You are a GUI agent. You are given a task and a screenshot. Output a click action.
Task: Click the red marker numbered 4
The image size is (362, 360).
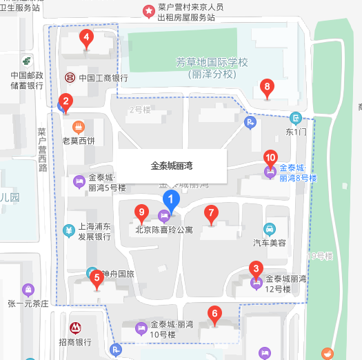(x=86, y=38)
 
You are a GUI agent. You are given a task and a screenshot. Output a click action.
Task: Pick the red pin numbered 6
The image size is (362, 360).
(x=214, y=315)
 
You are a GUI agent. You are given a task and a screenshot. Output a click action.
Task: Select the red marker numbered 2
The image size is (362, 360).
(x=66, y=102)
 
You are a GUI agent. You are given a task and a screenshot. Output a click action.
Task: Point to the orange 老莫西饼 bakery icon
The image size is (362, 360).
(x=78, y=127)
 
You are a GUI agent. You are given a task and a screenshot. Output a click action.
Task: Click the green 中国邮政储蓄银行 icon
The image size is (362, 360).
(x=26, y=61)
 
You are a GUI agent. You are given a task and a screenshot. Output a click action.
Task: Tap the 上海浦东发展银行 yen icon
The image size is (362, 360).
(x=69, y=230)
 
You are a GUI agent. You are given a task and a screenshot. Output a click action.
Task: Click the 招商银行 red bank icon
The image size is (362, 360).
(x=74, y=326)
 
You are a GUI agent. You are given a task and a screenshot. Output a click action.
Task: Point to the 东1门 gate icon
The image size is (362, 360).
(x=295, y=117)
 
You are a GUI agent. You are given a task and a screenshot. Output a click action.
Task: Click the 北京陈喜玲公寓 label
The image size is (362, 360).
(x=164, y=230)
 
